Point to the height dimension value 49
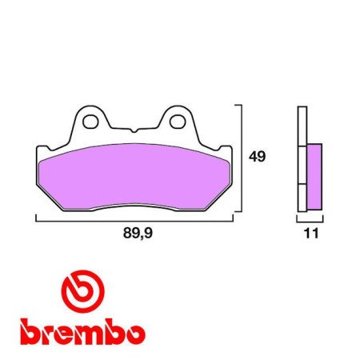(257, 157)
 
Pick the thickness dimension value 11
(311, 234)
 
